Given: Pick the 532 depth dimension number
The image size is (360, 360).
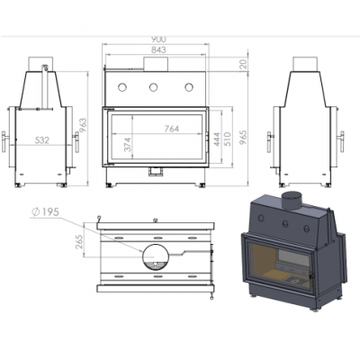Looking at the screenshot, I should (x=41, y=139).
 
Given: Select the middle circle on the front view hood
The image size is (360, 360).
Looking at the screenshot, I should (x=155, y=87).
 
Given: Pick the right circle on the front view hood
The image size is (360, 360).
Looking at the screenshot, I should (x=190, y=87).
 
